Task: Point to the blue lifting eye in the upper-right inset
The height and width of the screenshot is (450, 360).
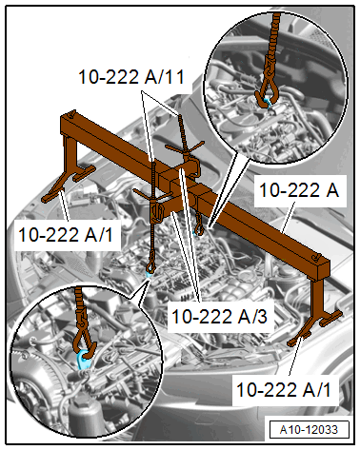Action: point(273,95)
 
